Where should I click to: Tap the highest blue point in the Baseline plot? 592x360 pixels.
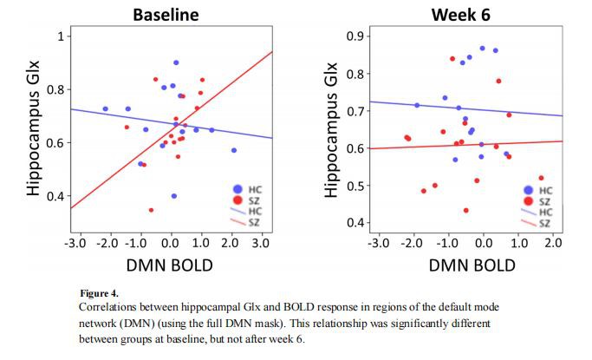(x=176, y=62)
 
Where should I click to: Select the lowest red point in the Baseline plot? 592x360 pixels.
(x=151, y=210)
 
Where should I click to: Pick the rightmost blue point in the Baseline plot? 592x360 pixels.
(x=233, y=150)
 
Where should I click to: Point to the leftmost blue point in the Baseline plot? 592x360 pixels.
(x=106, y=109)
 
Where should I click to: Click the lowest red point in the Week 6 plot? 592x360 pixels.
(x=466, y=210)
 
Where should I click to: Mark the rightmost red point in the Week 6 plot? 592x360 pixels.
(x=541, y=178)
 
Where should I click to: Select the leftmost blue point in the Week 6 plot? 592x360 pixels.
(x=417, y=105)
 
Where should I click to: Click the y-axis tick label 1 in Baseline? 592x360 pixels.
(x=60, y=36)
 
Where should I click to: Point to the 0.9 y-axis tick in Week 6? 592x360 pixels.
(x=353, y=36)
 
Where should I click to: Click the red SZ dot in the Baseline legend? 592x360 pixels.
(x=237, y=201)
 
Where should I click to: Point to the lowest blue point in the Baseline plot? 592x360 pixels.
(x=174, y=196)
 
